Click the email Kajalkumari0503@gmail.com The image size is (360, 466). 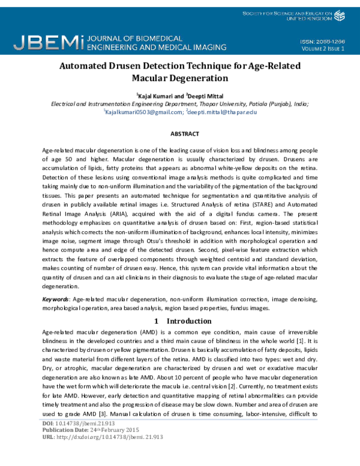[143, 112]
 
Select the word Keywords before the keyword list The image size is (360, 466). [55, 299]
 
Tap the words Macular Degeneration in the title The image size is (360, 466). [180, 78]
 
